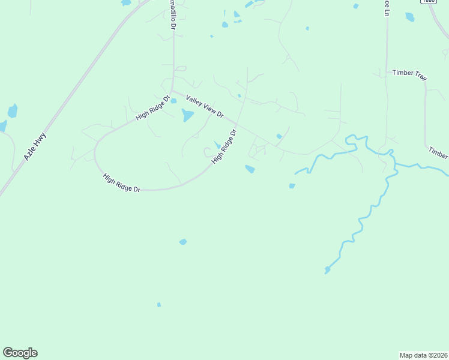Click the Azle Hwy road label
pos(35,146)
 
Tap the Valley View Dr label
pos(205,106)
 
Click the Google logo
pos(20,353)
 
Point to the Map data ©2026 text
pos(423,355)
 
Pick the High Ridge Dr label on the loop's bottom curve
pos(121,182)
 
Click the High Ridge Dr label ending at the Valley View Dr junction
pos(153,106)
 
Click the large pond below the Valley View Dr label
pos(188,115)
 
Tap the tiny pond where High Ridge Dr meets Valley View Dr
pos(173,101)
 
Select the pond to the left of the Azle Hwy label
pos(12,111)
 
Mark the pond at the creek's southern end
pos(327,270)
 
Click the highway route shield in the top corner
pos(427,2)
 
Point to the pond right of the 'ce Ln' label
pos(410,17)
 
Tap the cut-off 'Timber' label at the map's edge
pos(438,154)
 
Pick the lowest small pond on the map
pos(159,305)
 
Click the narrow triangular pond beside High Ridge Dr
pos(217,145)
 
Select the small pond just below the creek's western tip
pos(292,186)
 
